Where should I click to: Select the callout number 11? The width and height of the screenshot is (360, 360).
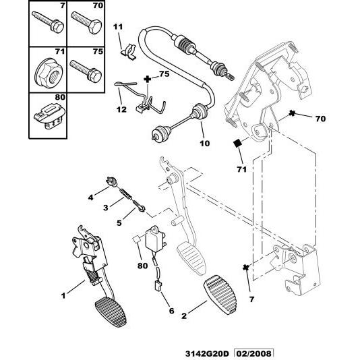coord(118,26)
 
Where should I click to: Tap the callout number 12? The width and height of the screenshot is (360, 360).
coord(121,110)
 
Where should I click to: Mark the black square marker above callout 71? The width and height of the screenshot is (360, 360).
coord(237,142)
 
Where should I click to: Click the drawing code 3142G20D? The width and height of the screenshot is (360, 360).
coord(210,353)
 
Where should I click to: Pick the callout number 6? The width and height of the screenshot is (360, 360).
coord(171,311)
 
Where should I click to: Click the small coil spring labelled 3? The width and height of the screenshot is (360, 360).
coord(125,195)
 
